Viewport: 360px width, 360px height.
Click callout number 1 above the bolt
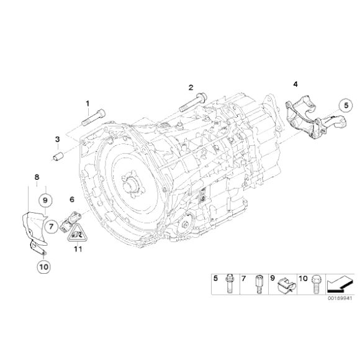(x=88, y=103)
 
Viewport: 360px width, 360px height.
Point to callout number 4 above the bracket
(x=295, y=83)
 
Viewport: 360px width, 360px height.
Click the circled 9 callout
(x=45, y=200)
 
